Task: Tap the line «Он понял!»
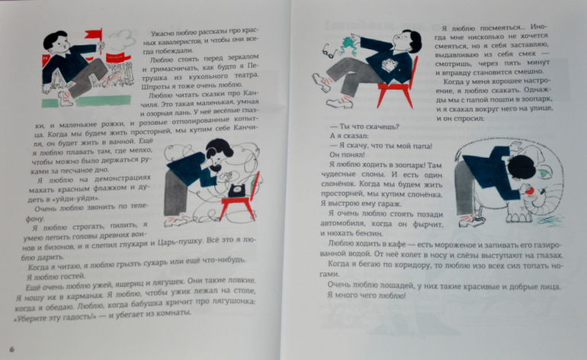348,153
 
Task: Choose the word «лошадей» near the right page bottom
396,284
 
